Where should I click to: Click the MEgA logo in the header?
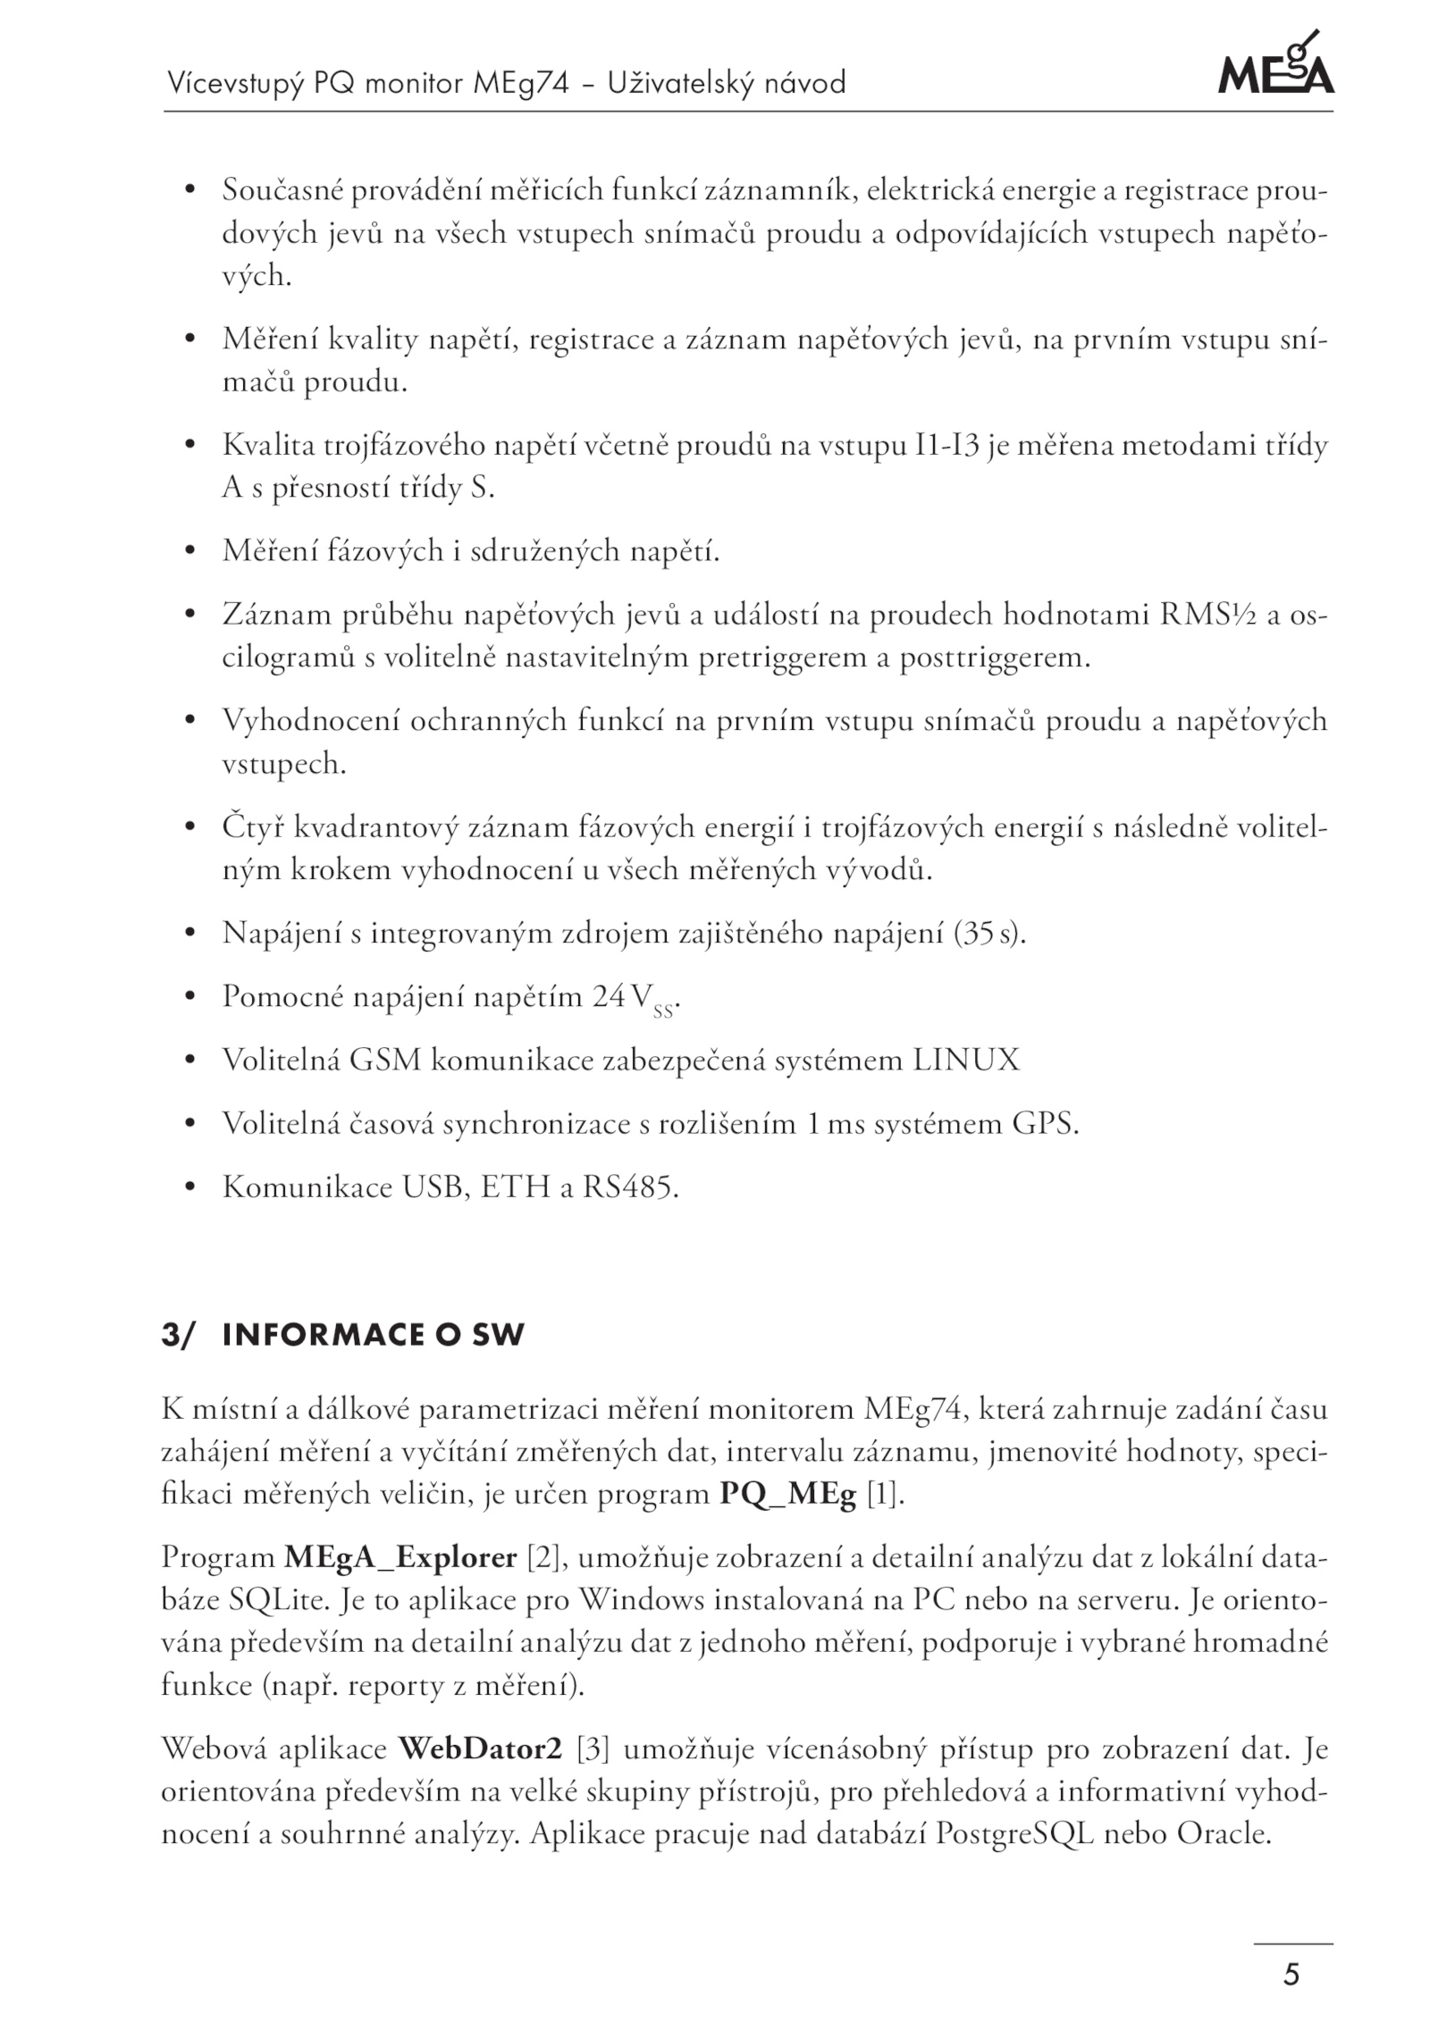(1275, 64)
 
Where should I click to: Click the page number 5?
(1291, 1973)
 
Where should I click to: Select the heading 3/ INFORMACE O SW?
(342, 1335)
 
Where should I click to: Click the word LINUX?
(965, 1060)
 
